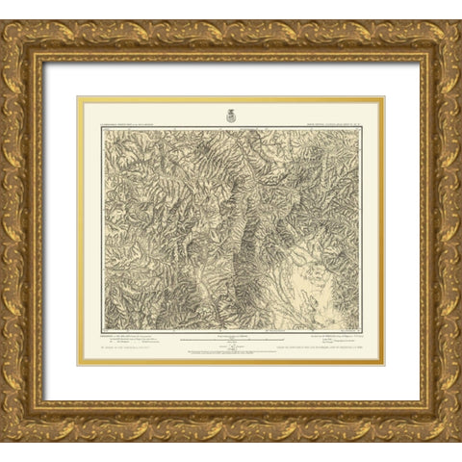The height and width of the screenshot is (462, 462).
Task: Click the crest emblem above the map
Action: tap(231, 115)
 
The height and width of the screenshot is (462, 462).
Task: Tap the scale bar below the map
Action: tap(231, 338)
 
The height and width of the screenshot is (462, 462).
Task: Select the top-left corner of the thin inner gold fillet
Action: tap(78, 96)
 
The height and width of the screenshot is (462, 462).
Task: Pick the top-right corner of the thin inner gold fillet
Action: tap(384, 96)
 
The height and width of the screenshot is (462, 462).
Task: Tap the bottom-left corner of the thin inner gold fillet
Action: tap(78, 365)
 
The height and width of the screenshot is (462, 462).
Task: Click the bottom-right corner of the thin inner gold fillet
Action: tap(384, 365)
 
